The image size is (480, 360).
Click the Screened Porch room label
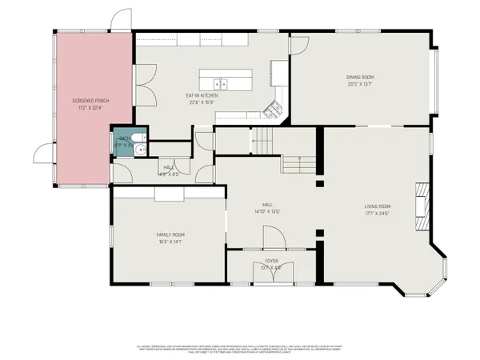90,100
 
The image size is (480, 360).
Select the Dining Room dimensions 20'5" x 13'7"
360,83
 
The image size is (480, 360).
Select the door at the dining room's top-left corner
299,44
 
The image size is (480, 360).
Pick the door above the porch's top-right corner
120,18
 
